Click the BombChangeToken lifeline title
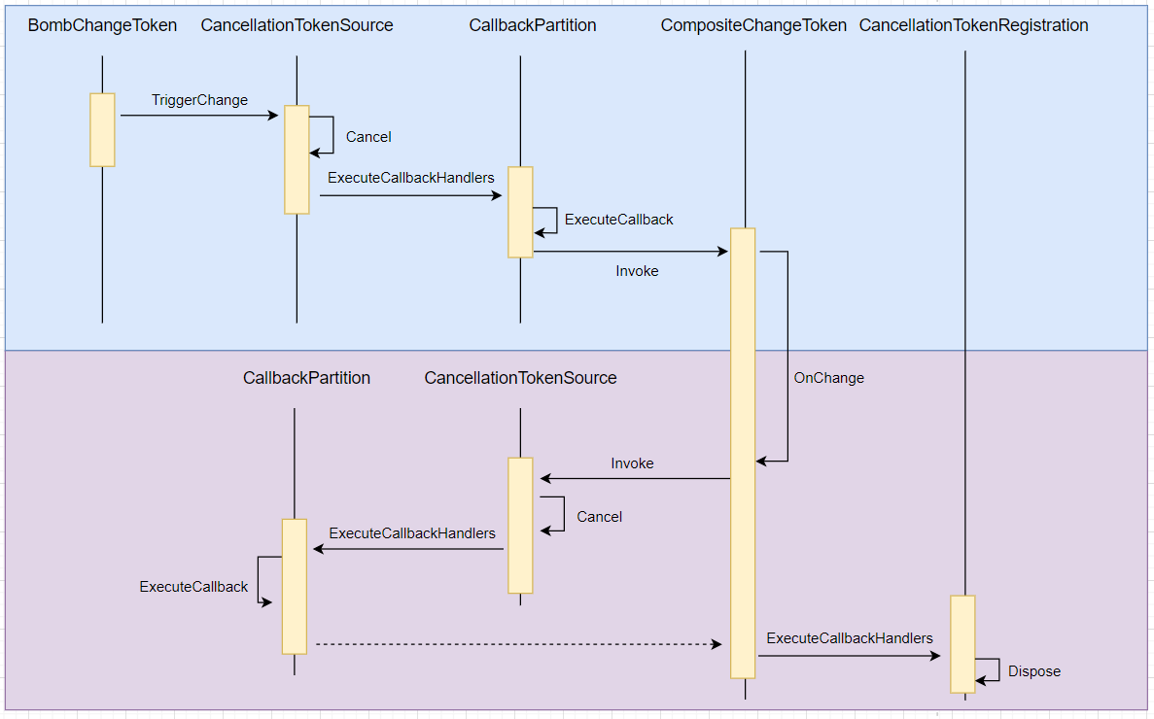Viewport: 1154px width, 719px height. click(x=102, y=25)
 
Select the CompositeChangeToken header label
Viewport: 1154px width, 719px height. click(x=753, y=25)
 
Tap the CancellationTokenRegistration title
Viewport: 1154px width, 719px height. click(x=973, y=25)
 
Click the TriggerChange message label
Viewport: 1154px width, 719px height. click(x=199, y=100)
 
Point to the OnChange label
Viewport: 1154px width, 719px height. click(x=828, y=378)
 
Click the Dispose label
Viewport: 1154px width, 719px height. click(x=1033, y=671)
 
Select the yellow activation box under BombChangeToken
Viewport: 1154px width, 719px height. click(x=102, y=130)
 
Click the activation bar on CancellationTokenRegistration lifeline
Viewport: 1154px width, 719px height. click(x=962, y=643)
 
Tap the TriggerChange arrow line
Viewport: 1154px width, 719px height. click(x=199, y=116)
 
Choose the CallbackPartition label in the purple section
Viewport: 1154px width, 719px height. click(x=306, y=378)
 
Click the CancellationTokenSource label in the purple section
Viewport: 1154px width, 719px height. click(x=520, y=378)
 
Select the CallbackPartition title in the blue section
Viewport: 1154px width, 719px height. click(x=532, y=25)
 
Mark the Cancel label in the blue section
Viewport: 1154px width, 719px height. click(x=368, y=137)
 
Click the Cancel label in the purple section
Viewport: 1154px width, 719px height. click(x=599, y=517)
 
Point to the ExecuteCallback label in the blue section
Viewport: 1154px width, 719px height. click(x=618, y=220)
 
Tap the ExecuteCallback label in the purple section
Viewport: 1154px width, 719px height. click(x=193, y=587)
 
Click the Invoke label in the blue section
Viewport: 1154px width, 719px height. click(x=637, y=271)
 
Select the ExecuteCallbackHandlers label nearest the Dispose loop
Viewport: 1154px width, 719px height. click(x=849, y=638)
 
